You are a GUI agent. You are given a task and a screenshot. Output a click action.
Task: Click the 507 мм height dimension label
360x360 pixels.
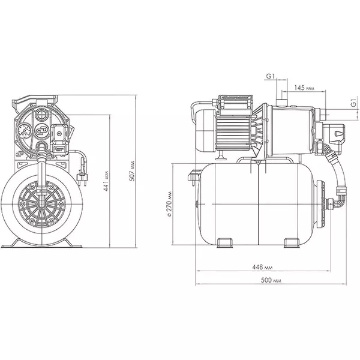[x=133, y=171]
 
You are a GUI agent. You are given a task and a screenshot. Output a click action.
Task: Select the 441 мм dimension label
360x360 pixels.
[x=106, y=181]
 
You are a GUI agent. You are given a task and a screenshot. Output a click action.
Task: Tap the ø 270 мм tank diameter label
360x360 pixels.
[x=169, y=204]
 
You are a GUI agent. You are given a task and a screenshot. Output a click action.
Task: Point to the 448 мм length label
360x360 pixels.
[x=262, y=267]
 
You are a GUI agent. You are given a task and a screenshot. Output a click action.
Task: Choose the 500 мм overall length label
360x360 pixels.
[x=271, y=280]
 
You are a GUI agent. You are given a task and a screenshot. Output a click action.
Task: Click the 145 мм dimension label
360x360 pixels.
[x=304, y=88]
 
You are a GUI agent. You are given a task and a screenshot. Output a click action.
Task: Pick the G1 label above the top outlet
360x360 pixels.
[x=270, y=76]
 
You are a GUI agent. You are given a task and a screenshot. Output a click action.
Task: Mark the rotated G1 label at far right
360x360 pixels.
[x=354, y=103]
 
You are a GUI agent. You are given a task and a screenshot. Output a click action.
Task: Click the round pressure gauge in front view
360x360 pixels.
[x=25, y=131]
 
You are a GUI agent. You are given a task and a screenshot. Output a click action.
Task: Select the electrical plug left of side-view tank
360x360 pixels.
[x=193, y=176]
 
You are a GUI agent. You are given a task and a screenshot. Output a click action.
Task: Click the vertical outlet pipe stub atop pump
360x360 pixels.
[x=282, y=103]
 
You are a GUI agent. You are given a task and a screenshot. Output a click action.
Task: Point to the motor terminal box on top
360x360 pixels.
[x=235, y=102]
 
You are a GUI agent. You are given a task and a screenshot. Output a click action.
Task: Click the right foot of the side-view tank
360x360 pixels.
[x=292, y=243]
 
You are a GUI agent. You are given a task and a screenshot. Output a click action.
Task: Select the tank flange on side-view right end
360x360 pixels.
[x=321, y=204]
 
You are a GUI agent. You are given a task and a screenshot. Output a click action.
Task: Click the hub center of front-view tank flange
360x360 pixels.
[x=42, y=204]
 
